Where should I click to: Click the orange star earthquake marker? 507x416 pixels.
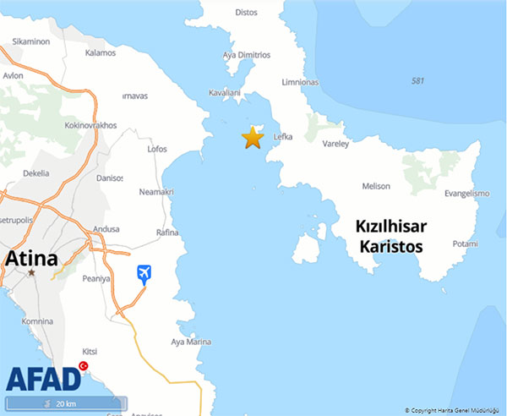253,138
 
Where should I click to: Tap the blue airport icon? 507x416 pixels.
144,274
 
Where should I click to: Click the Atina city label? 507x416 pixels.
31,258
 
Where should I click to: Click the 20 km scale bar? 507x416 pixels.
66,403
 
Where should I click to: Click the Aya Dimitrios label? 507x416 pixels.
246,55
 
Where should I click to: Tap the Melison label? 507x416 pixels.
376,186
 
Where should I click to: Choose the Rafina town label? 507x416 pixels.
168,232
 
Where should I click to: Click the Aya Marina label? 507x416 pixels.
191,342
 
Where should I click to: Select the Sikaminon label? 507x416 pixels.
31,41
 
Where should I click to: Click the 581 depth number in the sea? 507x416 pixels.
417,81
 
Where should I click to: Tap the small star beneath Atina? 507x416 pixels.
32,273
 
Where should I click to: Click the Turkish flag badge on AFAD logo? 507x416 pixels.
84,366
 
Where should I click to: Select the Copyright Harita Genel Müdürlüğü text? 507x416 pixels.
453,410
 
